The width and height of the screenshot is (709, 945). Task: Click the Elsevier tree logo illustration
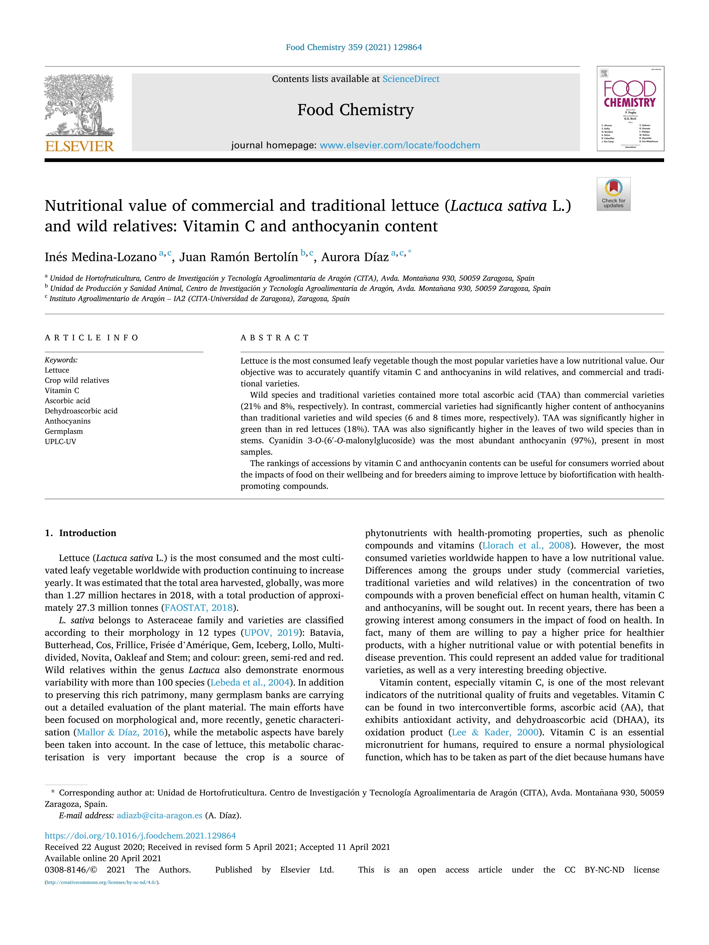[x=79, y=105]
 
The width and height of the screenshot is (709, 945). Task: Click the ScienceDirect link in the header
[x=411, y=79]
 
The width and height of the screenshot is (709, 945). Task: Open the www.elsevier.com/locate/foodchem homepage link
[x=400, y=145]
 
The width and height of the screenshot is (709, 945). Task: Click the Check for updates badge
[x=613, y=194]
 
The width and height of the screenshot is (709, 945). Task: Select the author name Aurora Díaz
[x=355, y=257]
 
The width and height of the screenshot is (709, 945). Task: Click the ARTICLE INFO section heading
[x=91, y=338]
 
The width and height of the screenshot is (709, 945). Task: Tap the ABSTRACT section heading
[x=275, y=338]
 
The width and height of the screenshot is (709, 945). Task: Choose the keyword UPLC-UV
[x=60, y=441]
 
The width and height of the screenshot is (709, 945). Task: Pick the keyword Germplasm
[x=64, y=431]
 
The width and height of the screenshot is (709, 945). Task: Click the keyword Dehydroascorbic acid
[x=81, y=411]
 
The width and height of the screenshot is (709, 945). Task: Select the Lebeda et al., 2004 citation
[x=250, y=682]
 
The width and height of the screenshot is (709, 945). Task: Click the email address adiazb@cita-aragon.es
[x=160, y=815]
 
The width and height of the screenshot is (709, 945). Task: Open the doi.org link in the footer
[x=140, y=835]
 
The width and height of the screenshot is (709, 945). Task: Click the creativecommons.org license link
[x=102, y=882]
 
